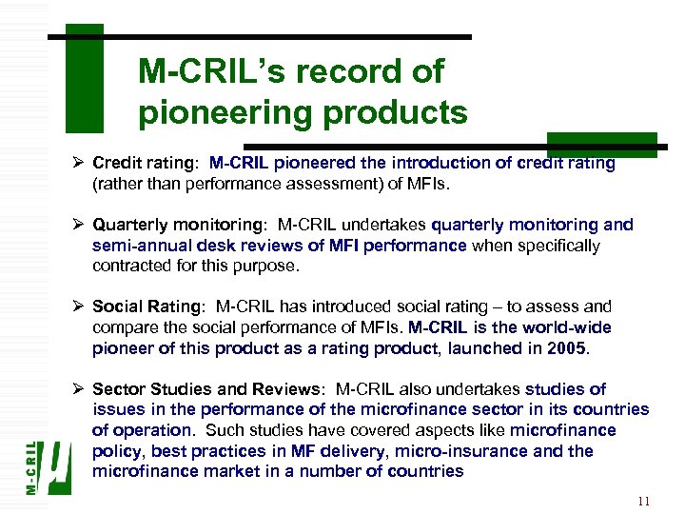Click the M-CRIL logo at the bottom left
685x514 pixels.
[x=48, y=465]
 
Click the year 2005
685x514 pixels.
[x=568, y=348]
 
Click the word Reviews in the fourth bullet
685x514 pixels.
[x=292, y=388]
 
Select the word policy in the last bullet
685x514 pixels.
[x=116, y=451]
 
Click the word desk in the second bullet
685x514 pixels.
[x=220, y=246]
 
